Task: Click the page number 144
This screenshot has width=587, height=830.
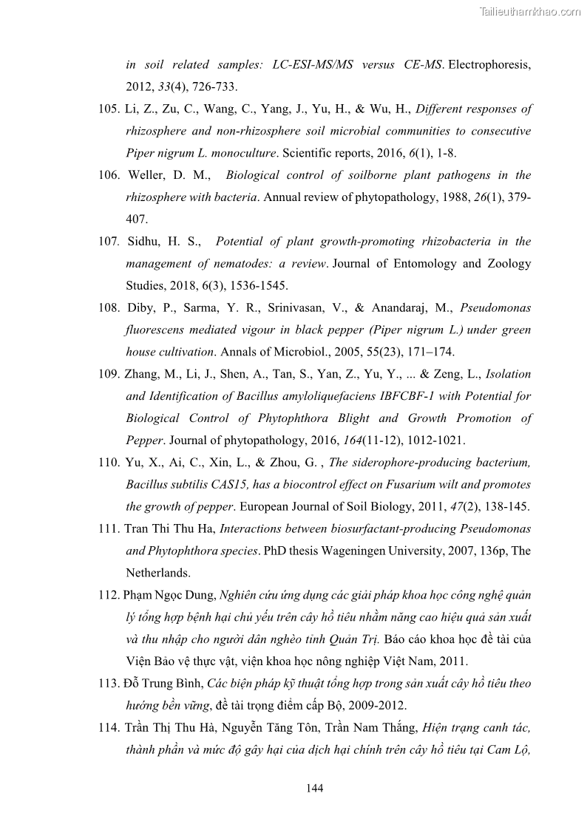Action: pos(314,788)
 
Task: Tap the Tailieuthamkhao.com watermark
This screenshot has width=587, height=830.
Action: pos(530,11)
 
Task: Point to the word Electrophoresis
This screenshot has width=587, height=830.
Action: pos(489,65)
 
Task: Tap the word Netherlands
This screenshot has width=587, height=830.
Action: pos(158,573)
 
